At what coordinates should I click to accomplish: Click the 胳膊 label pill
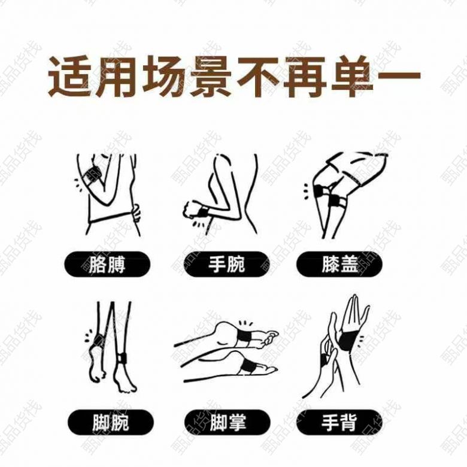[107, 264]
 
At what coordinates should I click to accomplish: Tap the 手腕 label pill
[226, 264]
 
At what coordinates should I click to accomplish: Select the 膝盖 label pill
[339, 264]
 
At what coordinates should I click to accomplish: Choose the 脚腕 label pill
[111, 422]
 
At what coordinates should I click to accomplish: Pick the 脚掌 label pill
[228, 422]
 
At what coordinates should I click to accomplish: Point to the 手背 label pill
[339, 422]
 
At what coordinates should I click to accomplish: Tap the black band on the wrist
[204, 212]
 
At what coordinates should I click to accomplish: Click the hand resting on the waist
[136, 212]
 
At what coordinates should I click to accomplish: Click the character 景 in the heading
[211, 76]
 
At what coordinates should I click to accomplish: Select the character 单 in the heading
[353, 76]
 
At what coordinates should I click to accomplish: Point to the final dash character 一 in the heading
[399, 75]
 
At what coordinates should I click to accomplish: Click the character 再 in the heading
[305, 76]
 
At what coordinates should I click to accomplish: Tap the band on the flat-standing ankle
[122, 357]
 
